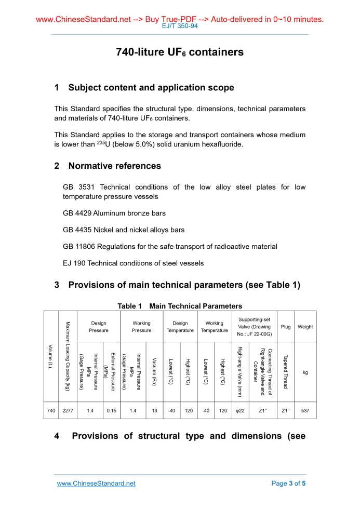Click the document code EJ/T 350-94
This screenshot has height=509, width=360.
click(180, 25)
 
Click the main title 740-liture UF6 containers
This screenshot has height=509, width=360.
click(180, 52)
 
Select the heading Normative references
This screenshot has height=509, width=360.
click(114, 166)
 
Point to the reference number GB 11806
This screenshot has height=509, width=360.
click(79, 247)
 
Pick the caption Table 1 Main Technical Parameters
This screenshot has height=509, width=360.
click(180, 306)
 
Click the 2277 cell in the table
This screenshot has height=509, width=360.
click(68, 411)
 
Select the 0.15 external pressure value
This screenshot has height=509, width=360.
click(111, 411)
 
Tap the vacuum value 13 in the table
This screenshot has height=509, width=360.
click(154, 411)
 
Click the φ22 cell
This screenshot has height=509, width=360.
click(241, 411)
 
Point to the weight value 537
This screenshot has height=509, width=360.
click(305, 411)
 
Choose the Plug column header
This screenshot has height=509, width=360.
click(285, 327)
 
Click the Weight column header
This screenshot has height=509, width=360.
click(305, 327)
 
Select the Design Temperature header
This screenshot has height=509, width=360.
click(180, 327)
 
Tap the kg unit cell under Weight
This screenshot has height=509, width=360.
click(305, 372)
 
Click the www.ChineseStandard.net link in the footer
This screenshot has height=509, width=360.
click(96, 484)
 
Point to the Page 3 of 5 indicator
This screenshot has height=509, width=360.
click(289, 484)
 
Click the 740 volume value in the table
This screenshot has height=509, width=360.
click(51, 411)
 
